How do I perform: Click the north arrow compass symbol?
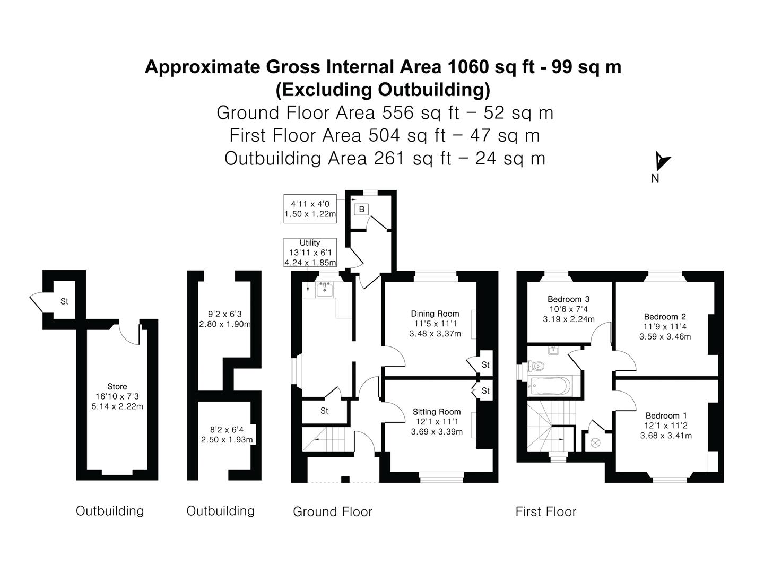coord(661,161)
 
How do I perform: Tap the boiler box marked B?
coord(361,209)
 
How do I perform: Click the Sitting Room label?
coord(436,412)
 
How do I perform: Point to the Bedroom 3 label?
coord(568,299)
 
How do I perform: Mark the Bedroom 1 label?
coord(666,415)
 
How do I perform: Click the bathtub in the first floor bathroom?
coord(549,384)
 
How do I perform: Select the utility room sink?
coord(324,289)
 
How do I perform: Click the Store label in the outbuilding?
coord(117,386)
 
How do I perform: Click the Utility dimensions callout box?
coord(310,252)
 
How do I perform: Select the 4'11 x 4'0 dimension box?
coord(310,209)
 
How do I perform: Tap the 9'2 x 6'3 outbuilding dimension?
coord(225,319)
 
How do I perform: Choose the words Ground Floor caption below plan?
coord(333,511)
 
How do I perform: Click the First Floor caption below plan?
coord(545,511)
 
